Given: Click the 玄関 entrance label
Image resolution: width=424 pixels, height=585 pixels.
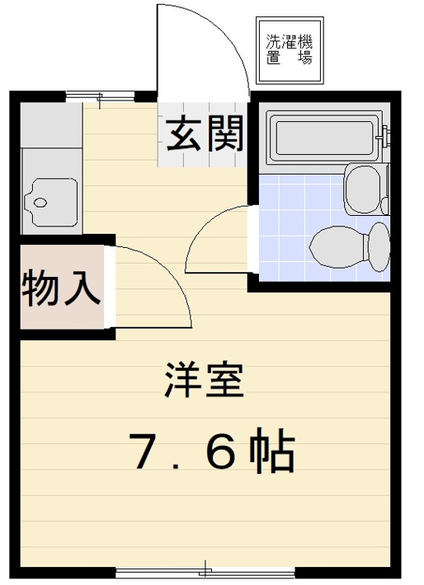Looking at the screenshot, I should click(x=206, y=134).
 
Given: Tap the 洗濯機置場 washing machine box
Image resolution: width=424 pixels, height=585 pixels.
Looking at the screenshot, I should click(x=290, y=50).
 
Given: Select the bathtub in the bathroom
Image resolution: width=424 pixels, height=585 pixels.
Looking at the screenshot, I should click(x=323, y=138).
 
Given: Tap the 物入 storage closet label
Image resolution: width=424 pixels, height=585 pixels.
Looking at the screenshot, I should click(x=61, y=288).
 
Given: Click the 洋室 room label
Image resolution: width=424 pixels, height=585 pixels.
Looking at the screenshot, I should click(x=204, y=381).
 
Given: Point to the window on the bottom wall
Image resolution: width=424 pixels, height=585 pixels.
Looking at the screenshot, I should click(x=205, y=570).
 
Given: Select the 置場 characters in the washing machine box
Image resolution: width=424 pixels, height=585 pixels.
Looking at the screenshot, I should click(x=290, y=58).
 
